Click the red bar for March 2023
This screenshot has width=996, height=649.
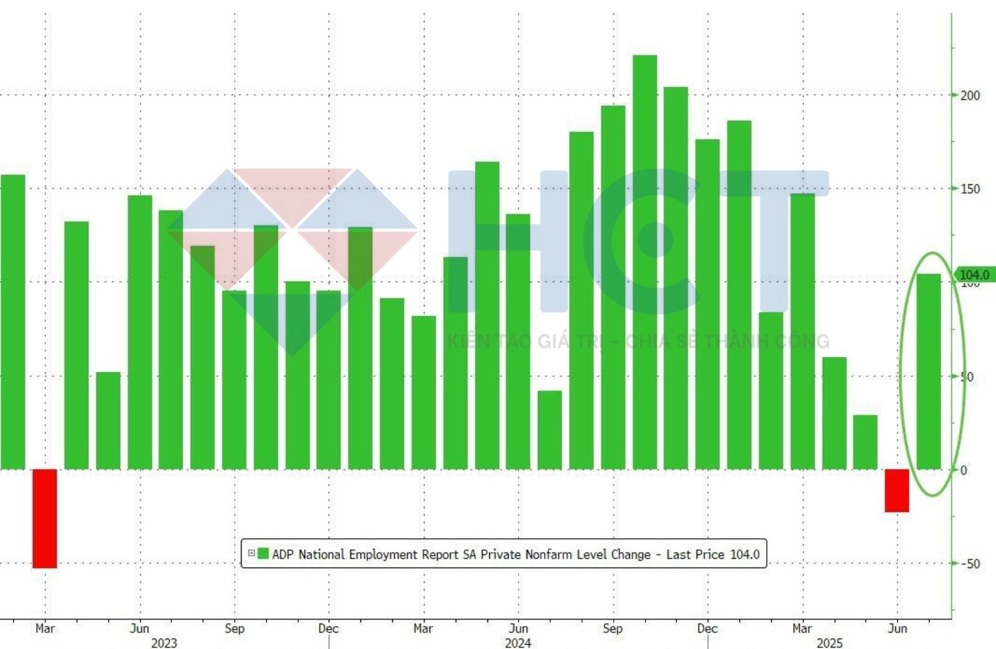[45, 518]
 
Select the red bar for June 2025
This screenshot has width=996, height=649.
[897, 490]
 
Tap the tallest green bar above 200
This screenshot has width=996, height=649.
[645, 262]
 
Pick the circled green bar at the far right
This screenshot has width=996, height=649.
[929, 371]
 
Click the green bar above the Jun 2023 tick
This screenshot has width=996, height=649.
[140, 332]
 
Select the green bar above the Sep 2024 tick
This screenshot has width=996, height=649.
[613, 287]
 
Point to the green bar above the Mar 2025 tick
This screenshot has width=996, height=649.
[803, 331]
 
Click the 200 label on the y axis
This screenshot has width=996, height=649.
[970, 95]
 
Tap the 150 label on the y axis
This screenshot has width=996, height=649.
[970, 189]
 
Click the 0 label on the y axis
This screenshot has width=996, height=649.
[964, 470]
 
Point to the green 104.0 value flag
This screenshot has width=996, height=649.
[974, 275]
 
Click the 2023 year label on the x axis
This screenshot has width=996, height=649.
[164, 642]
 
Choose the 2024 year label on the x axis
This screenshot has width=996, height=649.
[518, 642]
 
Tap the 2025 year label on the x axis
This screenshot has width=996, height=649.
[829, 642]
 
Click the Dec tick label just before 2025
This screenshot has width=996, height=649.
[707, 628]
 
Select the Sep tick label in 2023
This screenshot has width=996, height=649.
[235, 628]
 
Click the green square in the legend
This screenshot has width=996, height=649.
[263, 554]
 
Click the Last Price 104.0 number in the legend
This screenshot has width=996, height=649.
[745, 554]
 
